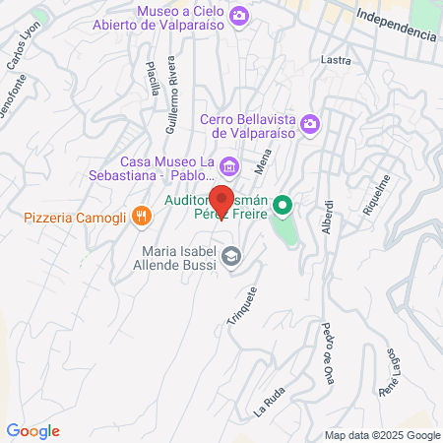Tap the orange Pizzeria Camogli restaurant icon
tap(142, 215)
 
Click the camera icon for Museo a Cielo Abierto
tap(238, 17)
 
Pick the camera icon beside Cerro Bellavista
tap(309, 123)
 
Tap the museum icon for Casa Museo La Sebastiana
tap(229, 164)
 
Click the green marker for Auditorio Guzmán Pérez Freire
tap(283, 207)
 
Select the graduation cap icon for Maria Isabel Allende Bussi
tap(230, 257)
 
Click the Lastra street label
tap(336, 60)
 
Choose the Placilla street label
tap(153, 78)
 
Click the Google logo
tap(33, 431)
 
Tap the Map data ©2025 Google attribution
tap(383, 435)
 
